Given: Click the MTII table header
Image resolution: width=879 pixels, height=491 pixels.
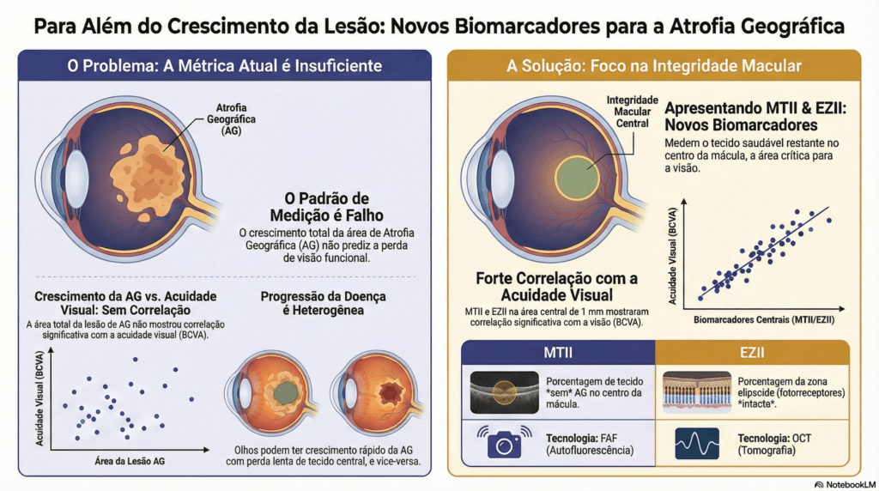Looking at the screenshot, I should [558, 354].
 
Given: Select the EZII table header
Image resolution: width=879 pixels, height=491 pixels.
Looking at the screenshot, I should [752, 354].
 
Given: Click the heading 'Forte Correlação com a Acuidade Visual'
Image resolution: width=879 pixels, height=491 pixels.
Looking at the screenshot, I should [556, 287].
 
